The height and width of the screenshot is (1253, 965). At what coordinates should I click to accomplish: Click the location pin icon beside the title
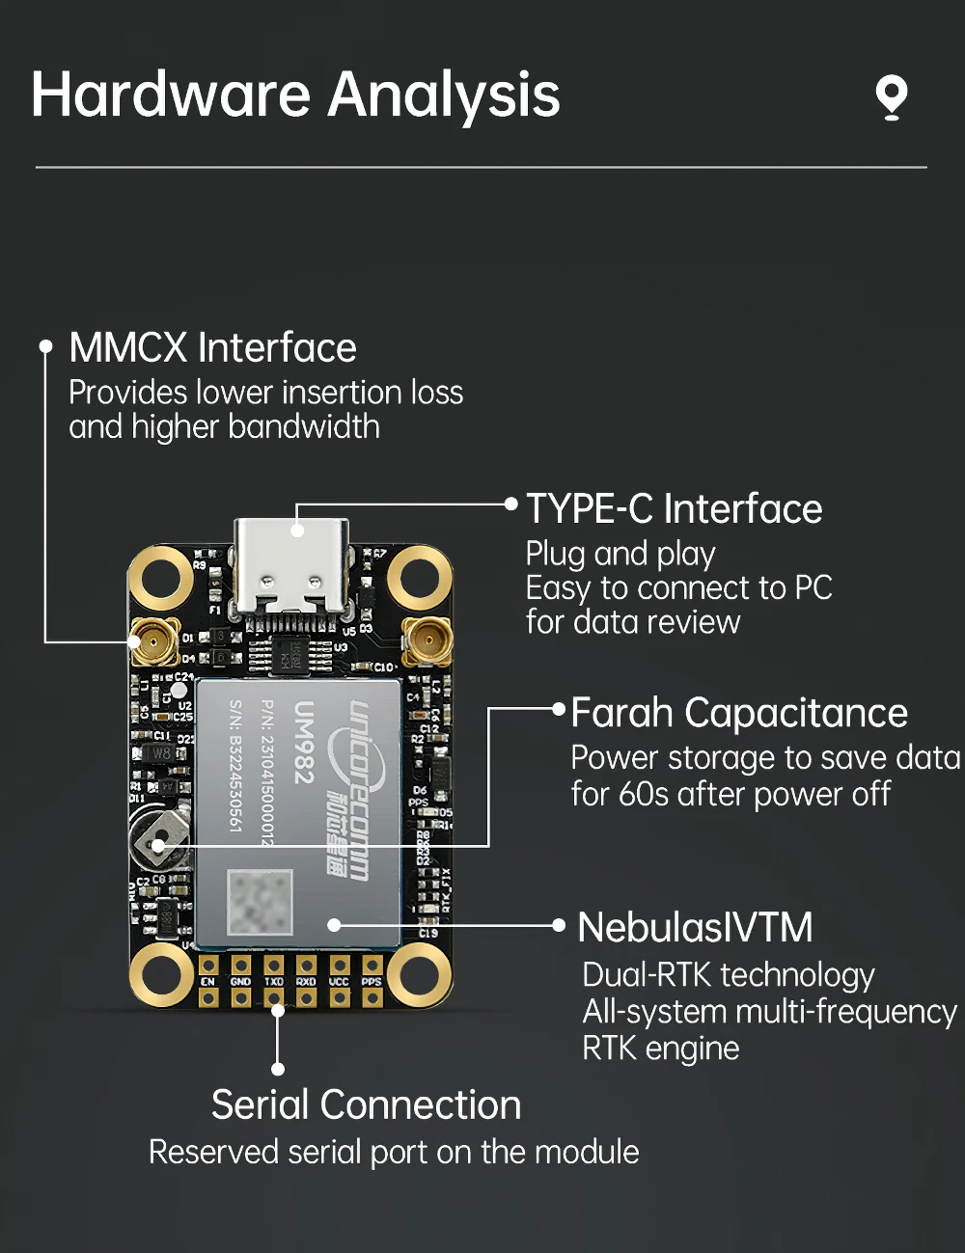coord(891,97)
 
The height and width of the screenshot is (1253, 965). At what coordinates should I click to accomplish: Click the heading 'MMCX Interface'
coord(212,348)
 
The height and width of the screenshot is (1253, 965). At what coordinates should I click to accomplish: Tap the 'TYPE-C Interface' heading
coord(674,508)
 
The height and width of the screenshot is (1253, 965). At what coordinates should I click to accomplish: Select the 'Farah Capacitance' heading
coord(738,714)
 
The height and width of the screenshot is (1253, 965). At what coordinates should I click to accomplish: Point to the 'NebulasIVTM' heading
coord(695,928)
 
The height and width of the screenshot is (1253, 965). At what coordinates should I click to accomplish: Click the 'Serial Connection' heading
coord(366,1105)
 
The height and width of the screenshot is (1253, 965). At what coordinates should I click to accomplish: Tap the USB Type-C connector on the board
coord(290,565)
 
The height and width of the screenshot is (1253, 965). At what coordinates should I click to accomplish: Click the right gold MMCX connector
coord(427,640)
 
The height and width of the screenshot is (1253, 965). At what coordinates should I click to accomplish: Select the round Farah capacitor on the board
coord(155,837)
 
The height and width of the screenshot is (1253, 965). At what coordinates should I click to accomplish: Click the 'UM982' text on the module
coord(304,741)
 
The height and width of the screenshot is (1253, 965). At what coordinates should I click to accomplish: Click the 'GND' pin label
coord(240,982)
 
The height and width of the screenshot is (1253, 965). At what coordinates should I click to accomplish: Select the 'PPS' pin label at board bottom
coord(372,982)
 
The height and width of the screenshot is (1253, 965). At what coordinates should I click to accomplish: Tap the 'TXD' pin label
coord(273,982)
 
